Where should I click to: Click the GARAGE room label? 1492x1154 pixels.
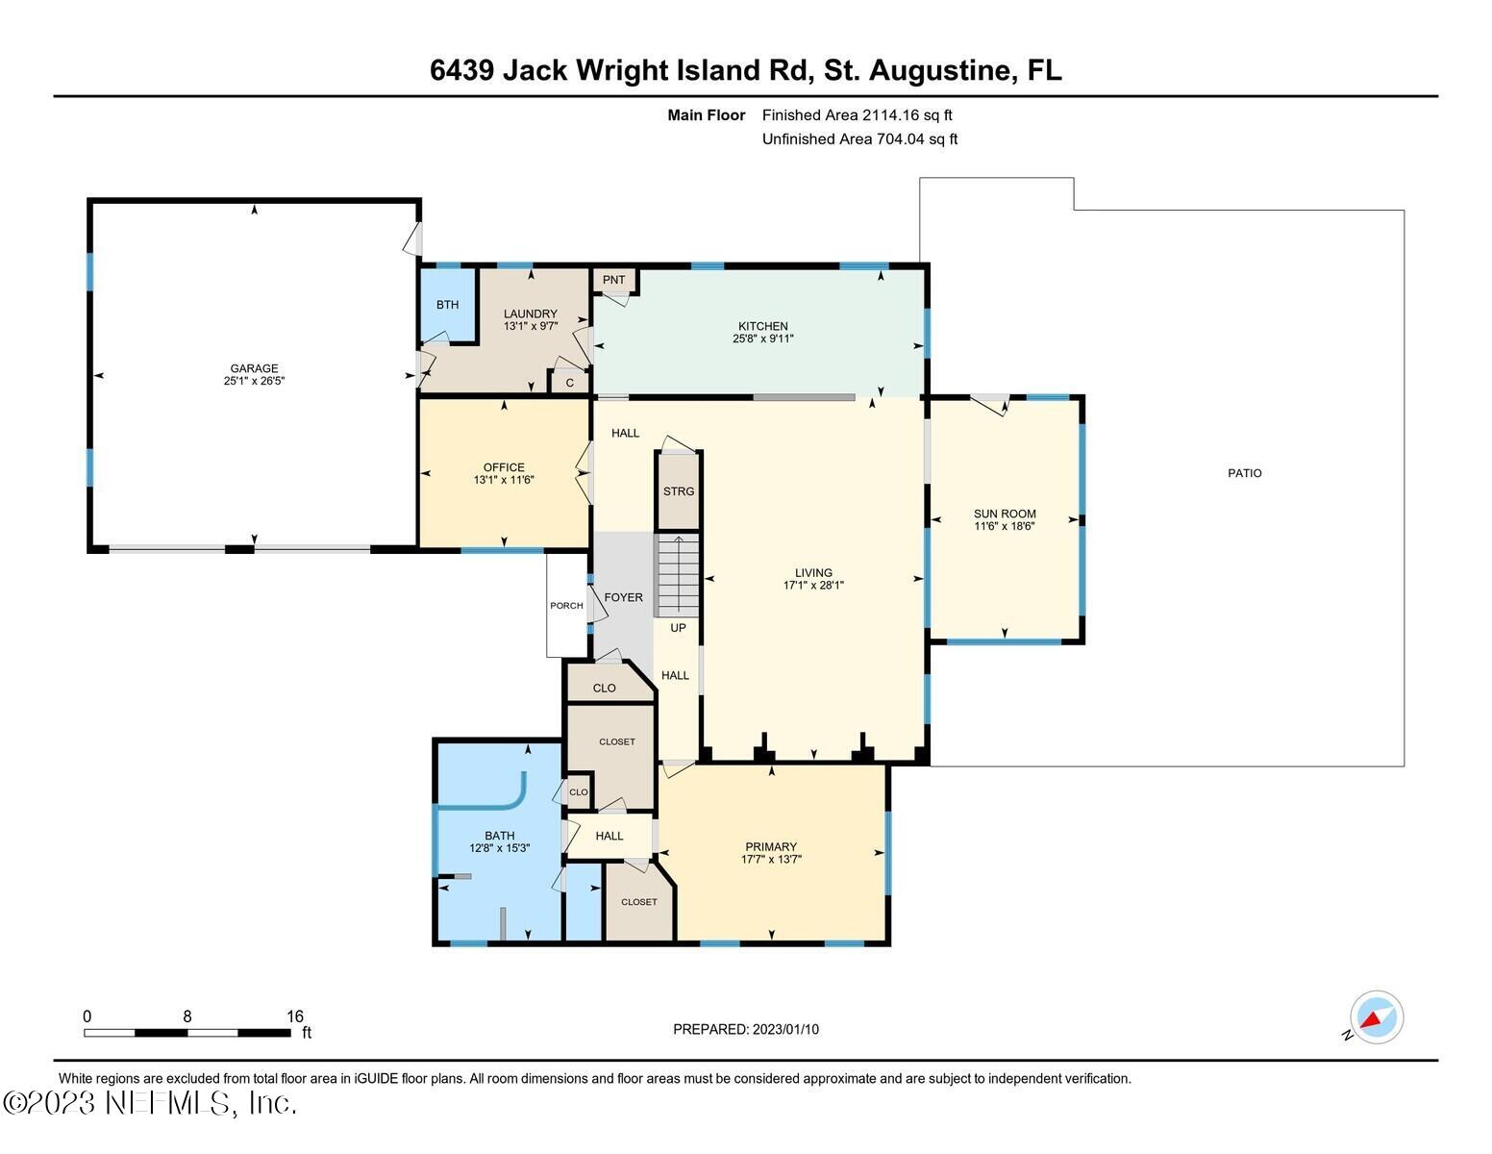click(254, 368)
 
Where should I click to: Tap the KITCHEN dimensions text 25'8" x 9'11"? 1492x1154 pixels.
click(762, 339)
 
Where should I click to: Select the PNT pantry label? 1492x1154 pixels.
click(613, 280)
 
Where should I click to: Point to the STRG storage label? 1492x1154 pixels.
click(678, 491)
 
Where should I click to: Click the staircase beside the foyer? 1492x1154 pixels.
click(678, 576)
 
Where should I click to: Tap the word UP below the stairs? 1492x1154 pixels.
click(678, 628)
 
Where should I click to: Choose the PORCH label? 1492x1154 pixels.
click(566, 606)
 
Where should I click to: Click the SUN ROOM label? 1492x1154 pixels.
click(1005, 514)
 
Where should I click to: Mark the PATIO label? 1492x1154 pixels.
click(1244, 473)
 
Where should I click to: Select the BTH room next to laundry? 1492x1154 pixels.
click(447, 305)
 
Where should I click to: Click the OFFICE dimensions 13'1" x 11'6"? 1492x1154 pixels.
click(504, 480)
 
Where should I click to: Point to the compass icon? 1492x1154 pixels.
click(1376, 1017)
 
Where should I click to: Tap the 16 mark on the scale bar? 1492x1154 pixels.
click(294, 1016)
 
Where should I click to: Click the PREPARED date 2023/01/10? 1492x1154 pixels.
click(785, 1029)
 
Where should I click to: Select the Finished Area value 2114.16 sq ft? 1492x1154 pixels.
click(907, 115)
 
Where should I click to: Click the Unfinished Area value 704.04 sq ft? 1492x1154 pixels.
click(916, 139)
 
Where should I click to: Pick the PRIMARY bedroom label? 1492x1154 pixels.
click(770, 847)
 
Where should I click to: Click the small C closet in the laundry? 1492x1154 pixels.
click(569, 383)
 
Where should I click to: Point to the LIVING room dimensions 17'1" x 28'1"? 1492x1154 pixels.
click(813, 585)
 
